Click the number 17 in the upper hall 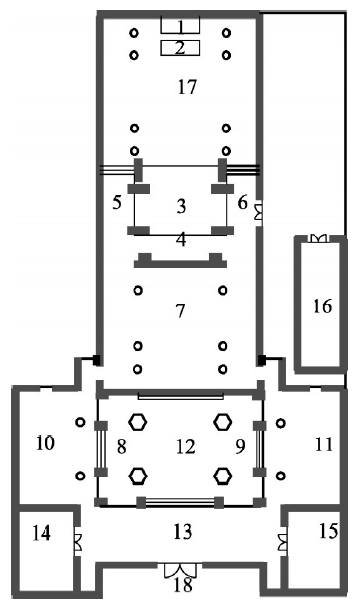(x=187, y=87)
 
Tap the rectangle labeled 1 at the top (x=180, y=25)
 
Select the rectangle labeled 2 (x=180, y=48)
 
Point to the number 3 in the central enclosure (x=181, y=206)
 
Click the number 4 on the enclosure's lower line (x=181, y=240)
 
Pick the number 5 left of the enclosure (x=117, y=202)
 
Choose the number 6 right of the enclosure (x=242, y=202)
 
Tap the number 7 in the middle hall (x=180, y=310)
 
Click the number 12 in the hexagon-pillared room (x=185, y=447)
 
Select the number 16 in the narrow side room (x=322, y=306)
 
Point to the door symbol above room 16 (x=318, y=238)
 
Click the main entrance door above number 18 (x=180, y=569)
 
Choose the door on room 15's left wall (x=283, y=541)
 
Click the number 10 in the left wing (x=45, y=443)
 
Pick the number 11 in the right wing (x=324, y=445)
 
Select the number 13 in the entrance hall (x=182, y=532)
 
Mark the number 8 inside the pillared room (x=122, y=446)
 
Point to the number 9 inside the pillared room (x=240, y=446)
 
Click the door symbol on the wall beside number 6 (x=258, y=213)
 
